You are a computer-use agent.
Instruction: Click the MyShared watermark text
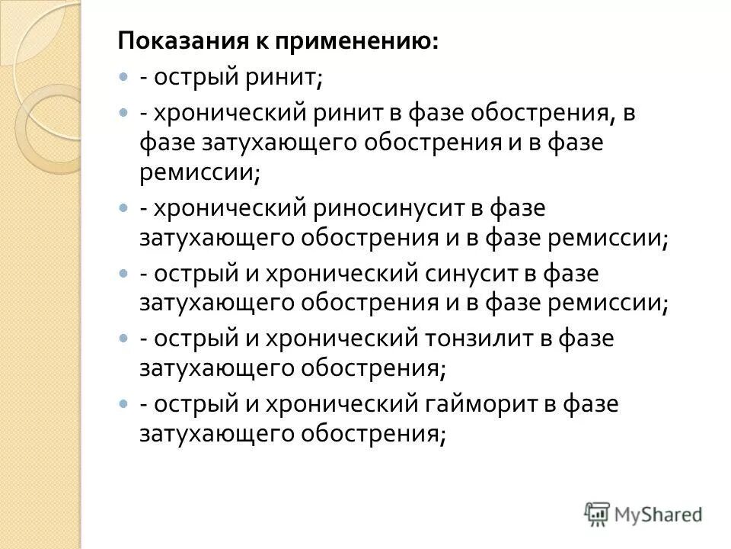(x=659, y=514)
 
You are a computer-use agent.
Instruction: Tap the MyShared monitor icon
(x=598, y=513)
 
